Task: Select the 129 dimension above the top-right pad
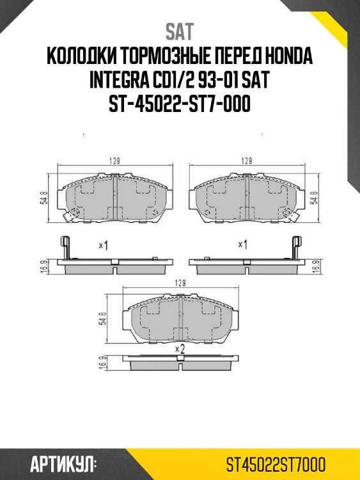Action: tap(245, 161)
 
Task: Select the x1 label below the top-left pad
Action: tap(102, 244)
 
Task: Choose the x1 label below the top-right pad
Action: tap(243, 244)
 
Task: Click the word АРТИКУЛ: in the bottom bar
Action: tap(63, 463)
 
